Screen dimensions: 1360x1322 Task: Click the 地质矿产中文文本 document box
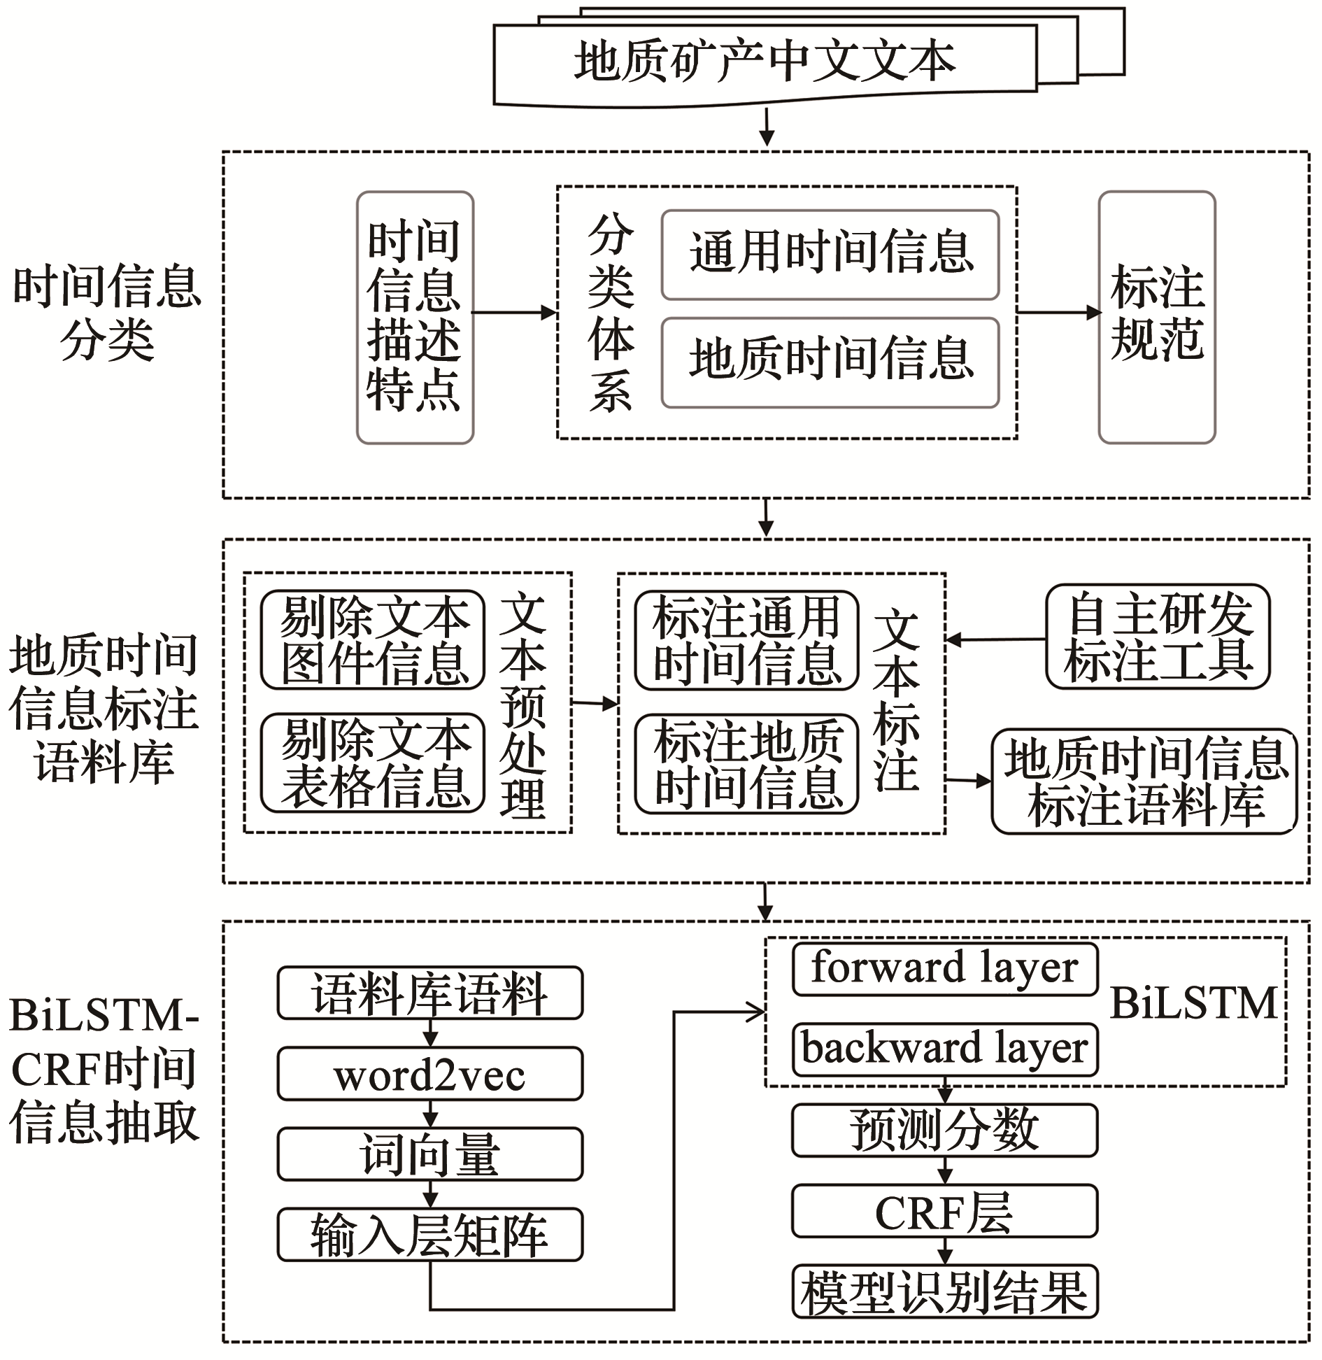pos(765,63)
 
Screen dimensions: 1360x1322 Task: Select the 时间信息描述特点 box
pos(415,317)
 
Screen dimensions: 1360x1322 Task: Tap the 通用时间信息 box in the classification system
pos(830,255)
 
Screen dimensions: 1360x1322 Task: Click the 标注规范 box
pos(1157,317)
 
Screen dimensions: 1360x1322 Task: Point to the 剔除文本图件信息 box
pos(373,639)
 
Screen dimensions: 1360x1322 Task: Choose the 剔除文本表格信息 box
pos(373,763)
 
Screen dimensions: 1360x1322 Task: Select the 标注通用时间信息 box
pos(746,639)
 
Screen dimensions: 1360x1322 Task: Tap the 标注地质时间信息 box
pos(746,763)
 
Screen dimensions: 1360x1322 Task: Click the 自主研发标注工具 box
pos(1158,637)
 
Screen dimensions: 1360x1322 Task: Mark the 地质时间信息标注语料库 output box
pos(1144,781)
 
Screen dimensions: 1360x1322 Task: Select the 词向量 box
pos(429,1154)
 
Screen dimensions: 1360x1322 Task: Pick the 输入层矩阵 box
pos(429,1234)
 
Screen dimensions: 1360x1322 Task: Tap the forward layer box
pos(944,969)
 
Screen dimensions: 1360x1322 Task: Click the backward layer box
pos(944,1049)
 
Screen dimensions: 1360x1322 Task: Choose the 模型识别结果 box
pos(944,1291)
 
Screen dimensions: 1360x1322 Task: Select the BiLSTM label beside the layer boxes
pos(1193,1004)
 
